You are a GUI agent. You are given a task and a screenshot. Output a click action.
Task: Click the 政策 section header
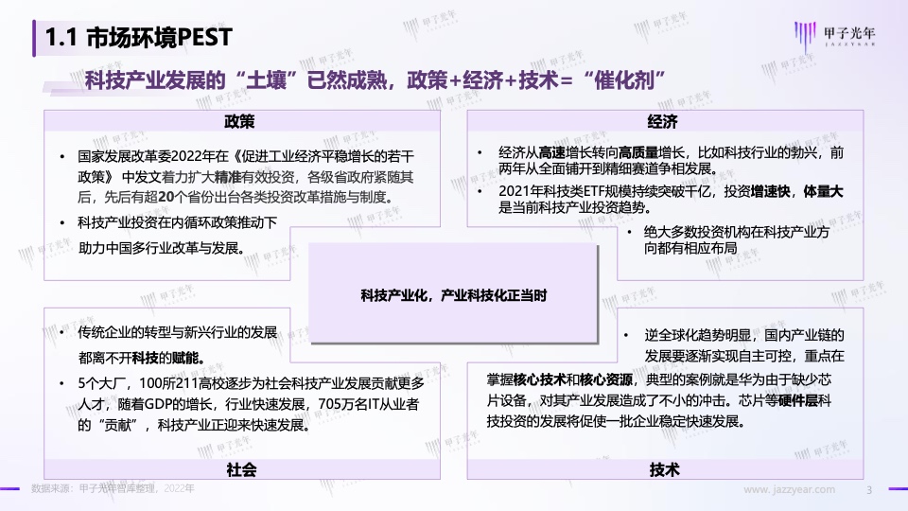[x=239, y=122]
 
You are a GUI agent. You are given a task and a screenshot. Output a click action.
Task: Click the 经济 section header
[x=662, y=122]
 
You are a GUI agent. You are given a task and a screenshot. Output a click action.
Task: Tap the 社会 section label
[x=241, y=469]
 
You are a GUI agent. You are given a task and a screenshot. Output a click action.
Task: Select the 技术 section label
[x=664, y=469]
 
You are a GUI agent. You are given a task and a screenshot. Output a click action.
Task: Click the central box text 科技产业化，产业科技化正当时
[x=453, y=295]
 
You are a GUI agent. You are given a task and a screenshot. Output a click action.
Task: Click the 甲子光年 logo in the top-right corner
[x=834, y=35]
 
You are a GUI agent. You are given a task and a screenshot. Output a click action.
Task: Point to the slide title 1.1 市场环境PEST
[x=138, y=38]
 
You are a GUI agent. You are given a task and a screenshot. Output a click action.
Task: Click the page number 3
[x=868, y=490]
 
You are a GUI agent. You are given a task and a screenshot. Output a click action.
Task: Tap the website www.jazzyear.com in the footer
[x=789, y=489]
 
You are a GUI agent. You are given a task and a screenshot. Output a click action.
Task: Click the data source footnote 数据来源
[x=113, y=488]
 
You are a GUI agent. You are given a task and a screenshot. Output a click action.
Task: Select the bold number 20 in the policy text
[x=166, y=197]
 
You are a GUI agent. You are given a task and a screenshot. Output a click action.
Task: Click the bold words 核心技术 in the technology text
[x=539, y=380]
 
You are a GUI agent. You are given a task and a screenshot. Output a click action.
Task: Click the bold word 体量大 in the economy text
[x=823, y=192]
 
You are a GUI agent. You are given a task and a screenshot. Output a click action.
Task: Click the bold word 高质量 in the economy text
[x=638, y=153]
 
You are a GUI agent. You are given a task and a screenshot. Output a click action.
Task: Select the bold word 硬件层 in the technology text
[x=798, y=400]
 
